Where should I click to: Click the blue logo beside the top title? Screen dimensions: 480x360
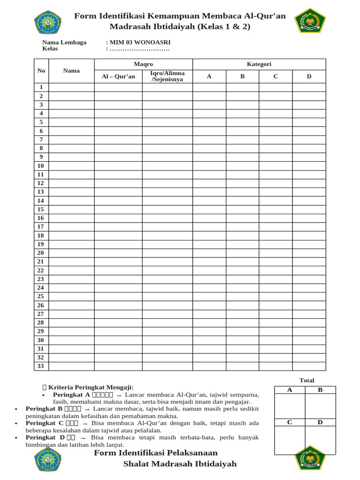click(48, 22)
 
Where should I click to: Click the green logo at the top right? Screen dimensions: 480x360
click(310, 22)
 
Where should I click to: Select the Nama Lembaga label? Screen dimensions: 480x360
click(64, 42)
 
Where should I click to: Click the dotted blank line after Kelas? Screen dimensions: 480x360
click(139, 49)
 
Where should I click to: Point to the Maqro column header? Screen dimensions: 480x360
click(143, 64)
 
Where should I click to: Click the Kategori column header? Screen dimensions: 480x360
click(259, 64)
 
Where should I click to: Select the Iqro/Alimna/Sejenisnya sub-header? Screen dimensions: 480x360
click(167, 76)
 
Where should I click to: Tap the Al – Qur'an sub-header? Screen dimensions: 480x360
click(118, 76)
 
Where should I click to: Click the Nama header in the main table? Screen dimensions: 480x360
click(71, 71)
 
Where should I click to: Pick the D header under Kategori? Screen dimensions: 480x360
click(309, 76)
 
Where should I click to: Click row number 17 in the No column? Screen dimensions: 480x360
click(41, 226)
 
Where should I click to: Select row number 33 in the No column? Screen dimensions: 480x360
click(41, 366)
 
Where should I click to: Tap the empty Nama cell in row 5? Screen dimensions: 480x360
click(71, 122)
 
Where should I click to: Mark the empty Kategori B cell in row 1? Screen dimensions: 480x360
click(242, 87)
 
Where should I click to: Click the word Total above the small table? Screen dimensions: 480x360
click(307, 380)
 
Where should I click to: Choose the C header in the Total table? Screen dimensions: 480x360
click(290, 422)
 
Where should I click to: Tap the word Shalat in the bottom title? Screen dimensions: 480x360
click(137, 464)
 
